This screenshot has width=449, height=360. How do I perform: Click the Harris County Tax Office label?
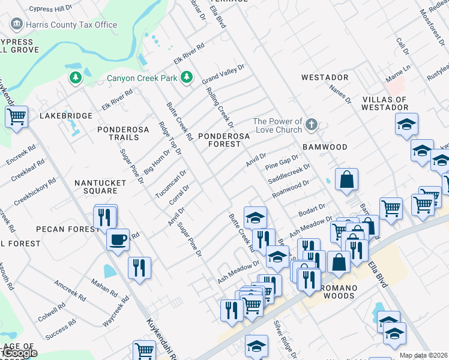(71, 25)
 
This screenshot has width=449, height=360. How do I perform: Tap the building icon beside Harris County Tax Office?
(17, 24)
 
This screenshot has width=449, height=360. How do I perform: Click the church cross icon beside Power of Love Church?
(311, 125)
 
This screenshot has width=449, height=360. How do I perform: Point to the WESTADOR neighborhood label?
(325, 78)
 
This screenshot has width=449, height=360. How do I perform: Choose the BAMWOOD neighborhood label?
(325, 147)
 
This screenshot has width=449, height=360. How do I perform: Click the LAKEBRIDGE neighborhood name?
(66, 116)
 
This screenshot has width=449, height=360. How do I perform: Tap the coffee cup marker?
(118, 239)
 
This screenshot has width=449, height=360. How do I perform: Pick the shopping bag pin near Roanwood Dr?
(346, 179)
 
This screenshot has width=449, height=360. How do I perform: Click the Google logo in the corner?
(19, 353)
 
